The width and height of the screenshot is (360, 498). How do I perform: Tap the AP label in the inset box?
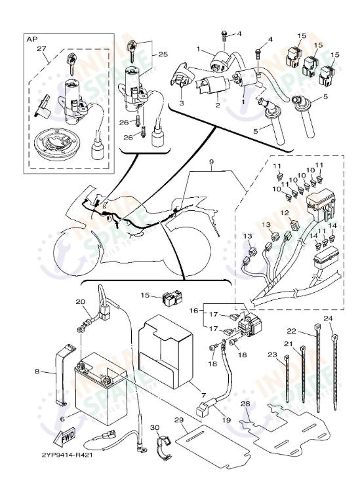[31, 39]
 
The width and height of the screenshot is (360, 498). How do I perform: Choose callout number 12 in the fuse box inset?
[285, 213]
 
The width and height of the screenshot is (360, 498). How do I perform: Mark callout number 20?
[80, 302]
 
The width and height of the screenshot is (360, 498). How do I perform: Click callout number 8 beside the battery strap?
[37, 372]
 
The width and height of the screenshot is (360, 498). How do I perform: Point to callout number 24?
[329, 319]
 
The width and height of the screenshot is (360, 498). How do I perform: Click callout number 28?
[245, 404]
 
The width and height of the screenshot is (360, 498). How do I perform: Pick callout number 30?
[155, 427]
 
